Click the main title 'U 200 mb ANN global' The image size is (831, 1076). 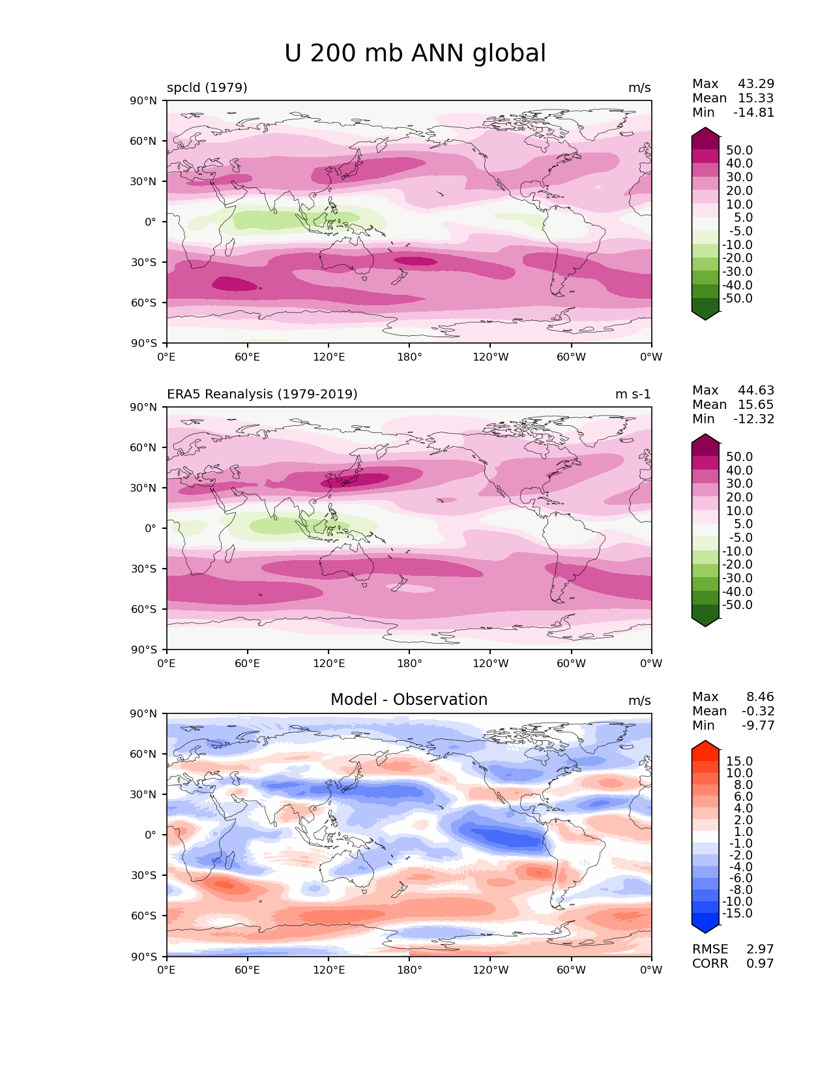415,53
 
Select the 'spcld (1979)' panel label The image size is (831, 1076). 207,87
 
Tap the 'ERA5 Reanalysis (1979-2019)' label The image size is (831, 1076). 262,394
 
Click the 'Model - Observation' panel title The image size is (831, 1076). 409,700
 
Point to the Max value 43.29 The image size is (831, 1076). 756,84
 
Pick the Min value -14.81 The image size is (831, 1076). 754,113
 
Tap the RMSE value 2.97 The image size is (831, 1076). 760,949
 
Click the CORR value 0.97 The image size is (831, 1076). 760,964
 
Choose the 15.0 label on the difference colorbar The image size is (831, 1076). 739,762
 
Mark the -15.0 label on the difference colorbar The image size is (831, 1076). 737,914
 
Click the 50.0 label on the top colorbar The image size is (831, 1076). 739,151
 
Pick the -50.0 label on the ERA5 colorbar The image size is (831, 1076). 737,605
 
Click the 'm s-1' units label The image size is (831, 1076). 633,395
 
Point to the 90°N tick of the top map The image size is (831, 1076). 144,100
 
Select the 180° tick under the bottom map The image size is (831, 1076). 409,970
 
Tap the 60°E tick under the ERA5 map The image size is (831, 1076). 248,664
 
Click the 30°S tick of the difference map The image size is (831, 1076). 144,875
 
